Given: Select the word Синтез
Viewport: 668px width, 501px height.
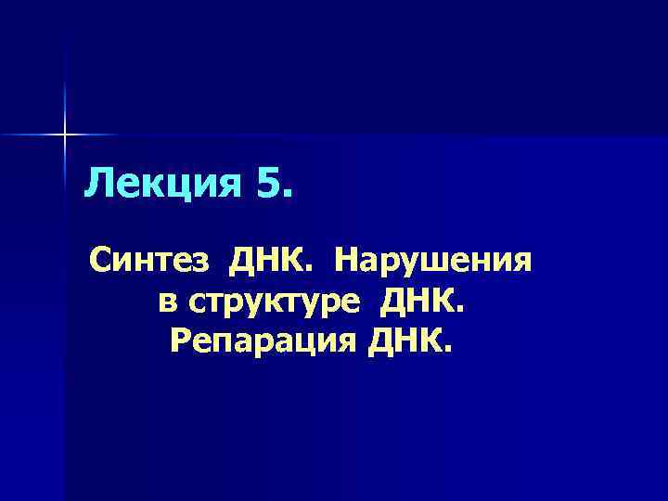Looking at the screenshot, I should click(148, 263).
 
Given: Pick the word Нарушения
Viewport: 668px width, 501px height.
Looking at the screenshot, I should click(434, 263).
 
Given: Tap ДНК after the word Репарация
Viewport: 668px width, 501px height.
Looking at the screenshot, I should click(407, 344).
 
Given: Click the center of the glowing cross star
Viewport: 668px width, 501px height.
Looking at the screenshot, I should click(65, 135).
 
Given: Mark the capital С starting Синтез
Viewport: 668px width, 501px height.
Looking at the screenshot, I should click(101, 263).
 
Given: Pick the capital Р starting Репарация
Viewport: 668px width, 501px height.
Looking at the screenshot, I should click(180, 344).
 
